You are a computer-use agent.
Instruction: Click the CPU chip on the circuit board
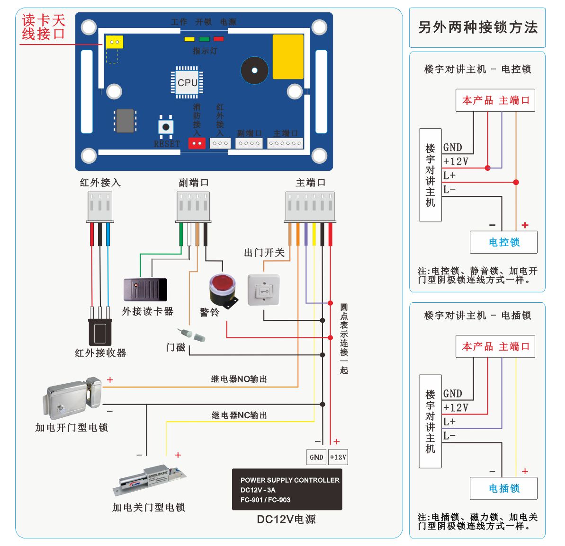coord(187,83)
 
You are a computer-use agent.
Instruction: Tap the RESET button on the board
coord(166,127)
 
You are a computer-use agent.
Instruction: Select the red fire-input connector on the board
coord(197,143)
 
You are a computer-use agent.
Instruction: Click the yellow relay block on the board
coord(288,57)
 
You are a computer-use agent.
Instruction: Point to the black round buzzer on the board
coord(254,70)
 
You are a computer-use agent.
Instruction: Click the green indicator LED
coord(204,39)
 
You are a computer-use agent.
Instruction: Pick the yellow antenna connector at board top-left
coord(114,42)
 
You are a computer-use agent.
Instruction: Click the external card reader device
coord(145,290)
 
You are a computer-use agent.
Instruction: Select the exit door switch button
coord(264,290)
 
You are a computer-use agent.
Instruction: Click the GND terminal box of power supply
coord(316,457)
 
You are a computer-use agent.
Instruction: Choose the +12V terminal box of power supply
coord(338,457)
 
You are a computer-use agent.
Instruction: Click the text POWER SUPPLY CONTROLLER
coord(290,480)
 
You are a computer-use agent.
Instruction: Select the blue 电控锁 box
coord(503,242)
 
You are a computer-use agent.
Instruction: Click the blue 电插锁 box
coord(503,488)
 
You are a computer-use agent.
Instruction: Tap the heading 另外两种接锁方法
coord(477,27)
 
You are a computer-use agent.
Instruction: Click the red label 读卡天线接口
coord(44,27)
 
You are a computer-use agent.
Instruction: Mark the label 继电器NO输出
coord(239,379)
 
